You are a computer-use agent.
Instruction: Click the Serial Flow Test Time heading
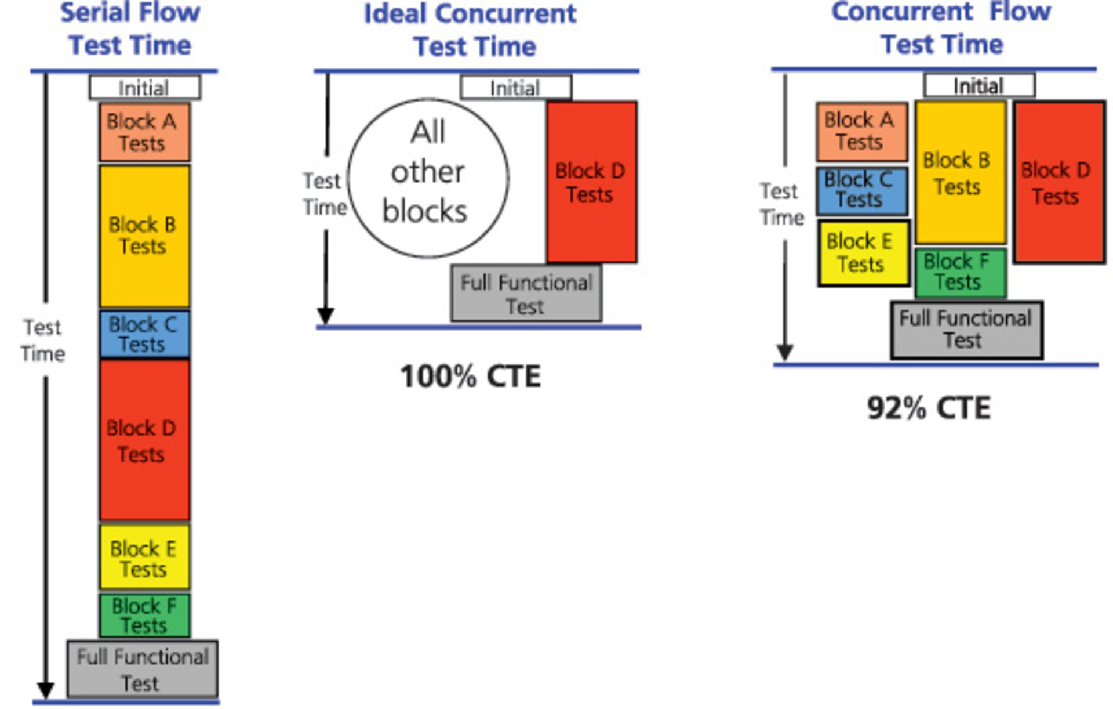click(130, 29)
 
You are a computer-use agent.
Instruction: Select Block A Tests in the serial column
click(144, 132)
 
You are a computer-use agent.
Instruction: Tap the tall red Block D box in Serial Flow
click(144, 440)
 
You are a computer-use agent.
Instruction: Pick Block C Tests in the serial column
click(144, 334)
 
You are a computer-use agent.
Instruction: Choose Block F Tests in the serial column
click(144, 615)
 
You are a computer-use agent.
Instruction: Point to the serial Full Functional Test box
click(143, 669)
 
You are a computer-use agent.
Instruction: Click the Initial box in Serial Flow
click(145, 88)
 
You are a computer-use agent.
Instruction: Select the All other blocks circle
click(428, 178)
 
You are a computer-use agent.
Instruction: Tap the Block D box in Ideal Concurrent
click(591, 182)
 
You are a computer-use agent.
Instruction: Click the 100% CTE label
click(470, 376)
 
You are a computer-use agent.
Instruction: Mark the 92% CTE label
click(929, 408)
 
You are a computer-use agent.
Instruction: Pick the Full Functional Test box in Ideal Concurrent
click(526, 293)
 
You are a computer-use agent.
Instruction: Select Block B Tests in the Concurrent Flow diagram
click(961, 172)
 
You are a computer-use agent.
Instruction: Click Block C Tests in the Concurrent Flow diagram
click(861, 190)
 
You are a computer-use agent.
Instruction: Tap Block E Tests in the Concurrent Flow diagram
click(863, 253)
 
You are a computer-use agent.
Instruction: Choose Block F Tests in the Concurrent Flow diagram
click(961, 272)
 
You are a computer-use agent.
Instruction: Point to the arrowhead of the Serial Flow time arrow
click(45, 690)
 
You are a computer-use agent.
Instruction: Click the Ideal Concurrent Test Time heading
click(471, 30)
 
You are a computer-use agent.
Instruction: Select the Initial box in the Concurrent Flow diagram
click(979, 86)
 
